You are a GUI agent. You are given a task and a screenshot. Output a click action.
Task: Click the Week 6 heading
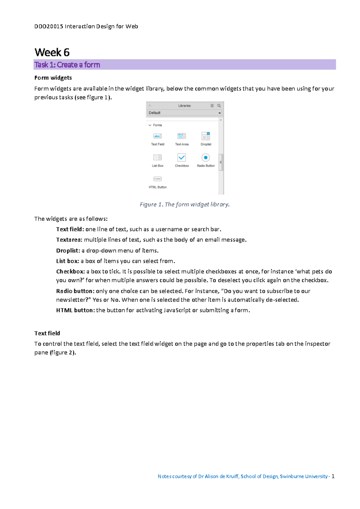52,52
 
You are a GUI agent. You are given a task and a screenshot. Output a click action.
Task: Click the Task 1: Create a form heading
67,65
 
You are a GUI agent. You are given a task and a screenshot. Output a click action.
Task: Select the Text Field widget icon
157,136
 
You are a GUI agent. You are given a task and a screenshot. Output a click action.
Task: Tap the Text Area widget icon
181,136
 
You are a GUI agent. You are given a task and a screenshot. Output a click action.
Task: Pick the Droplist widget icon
206,136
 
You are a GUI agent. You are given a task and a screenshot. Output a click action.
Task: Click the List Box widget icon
157,157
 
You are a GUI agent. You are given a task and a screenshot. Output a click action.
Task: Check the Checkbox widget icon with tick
181,157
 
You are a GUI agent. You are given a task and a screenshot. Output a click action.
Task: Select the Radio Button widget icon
205,157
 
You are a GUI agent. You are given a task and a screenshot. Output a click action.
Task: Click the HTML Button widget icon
157,179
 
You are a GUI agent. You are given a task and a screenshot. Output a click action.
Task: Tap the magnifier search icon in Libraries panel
219,106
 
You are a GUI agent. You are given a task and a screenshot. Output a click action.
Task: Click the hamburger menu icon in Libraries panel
212,106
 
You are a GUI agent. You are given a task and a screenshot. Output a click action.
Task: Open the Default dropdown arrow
220,113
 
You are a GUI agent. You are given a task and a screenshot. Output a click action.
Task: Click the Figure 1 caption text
184,204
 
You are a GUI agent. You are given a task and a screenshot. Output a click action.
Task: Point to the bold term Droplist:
68,251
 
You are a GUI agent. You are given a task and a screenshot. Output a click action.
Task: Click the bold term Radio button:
75,291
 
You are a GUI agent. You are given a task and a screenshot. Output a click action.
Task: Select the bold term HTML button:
75,310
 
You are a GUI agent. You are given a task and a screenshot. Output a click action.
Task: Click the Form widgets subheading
53,78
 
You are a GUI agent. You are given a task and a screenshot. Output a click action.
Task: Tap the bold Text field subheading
47,333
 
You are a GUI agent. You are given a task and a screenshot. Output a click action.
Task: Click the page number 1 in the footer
333,476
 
